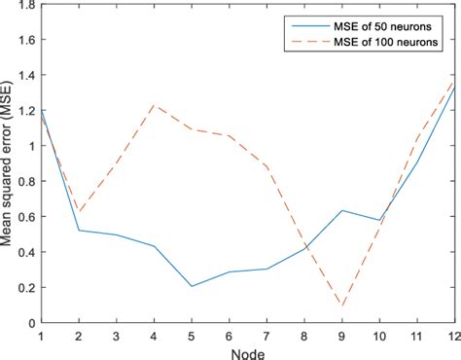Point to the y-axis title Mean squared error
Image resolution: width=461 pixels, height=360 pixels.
coord(13,163)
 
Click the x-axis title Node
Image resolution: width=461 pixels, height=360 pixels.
coord(247,350)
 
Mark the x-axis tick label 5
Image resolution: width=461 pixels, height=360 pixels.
coord(192,333)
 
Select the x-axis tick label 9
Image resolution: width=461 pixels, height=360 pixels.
coord(341,333)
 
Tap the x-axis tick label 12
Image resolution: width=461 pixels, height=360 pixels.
coord(453,333)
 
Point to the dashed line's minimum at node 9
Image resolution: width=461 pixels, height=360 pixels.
coord(341,306)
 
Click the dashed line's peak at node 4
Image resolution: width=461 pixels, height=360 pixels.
coord(155,105)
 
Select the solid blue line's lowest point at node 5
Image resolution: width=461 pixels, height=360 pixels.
coord(192,286)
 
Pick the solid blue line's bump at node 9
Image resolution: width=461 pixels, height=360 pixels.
coord(341,210)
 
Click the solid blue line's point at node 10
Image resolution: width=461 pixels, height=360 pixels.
coord(378,221)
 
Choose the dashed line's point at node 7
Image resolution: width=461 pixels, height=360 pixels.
coord(266,167)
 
